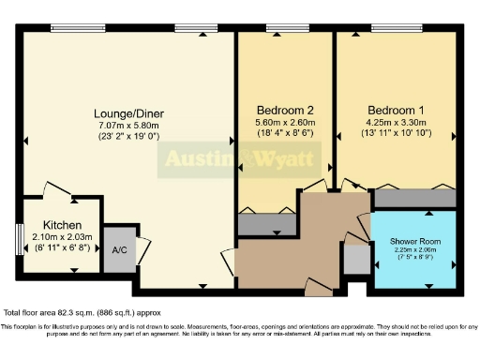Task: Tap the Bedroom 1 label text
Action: [x=395, y=108]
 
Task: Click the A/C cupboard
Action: [x=119, y=250]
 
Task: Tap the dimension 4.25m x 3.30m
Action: [x=395, y=123]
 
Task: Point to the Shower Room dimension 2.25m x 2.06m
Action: [x=415, y=250]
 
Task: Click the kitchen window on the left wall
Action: [x=19, y=238]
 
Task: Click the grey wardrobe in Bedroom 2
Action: [x=267, y=224]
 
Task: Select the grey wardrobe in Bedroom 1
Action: [x=413, y=199]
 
